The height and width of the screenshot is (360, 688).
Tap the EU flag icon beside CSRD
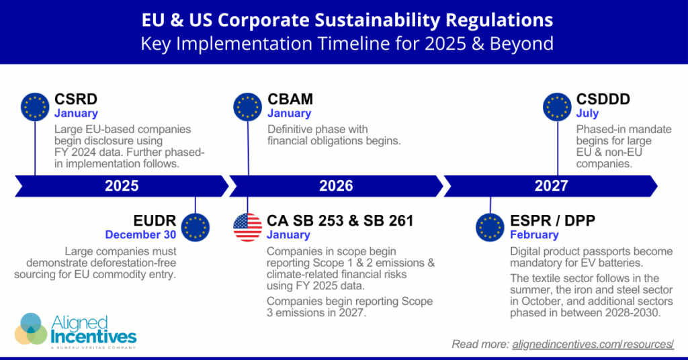point(35,107)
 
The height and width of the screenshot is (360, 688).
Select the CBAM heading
point(290,99)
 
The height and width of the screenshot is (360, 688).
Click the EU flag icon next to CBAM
point(247,107)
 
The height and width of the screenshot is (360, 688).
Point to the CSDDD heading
point(603,99)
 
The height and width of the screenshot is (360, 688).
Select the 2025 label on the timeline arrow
point(122,186)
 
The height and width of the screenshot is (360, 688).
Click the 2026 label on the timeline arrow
point(336,186)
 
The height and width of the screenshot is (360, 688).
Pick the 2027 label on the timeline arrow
point(551,186)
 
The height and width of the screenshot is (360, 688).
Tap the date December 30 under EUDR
point(140,235)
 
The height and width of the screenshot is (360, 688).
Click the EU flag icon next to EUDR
point(195,228)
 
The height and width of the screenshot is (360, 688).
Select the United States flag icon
point(247,228)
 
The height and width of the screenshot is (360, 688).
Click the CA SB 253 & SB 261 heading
point(340,220)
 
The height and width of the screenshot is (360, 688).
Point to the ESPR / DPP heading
point(552,220)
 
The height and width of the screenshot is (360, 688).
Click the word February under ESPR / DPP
point(533,235)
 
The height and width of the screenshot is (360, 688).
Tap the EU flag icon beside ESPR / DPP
point(490,228)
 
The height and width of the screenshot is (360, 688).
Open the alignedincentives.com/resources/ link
point(593,345)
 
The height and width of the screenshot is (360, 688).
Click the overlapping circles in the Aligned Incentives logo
point(31,328)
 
